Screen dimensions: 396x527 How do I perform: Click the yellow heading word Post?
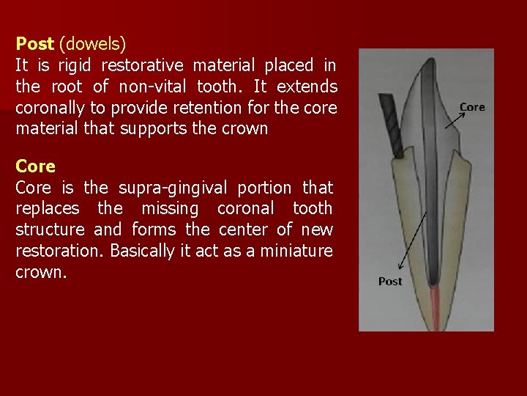point(34,43)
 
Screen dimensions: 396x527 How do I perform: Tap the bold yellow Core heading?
point(35,166)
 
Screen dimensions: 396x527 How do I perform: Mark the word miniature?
point(296,251)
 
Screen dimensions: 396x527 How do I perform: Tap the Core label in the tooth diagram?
point(471,107)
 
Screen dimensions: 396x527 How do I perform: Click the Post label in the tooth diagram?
point(390,282)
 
